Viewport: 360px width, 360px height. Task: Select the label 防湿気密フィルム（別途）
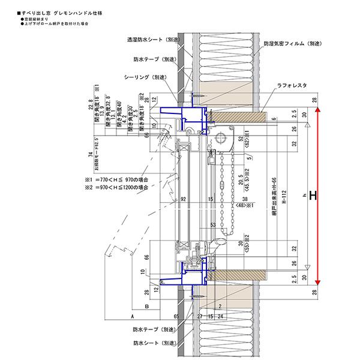tap(292, 44)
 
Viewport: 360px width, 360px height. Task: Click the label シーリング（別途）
tap(145, 77)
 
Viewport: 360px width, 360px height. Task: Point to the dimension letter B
tap(138, 305)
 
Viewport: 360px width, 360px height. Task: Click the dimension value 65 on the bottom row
tap(177, 314)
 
